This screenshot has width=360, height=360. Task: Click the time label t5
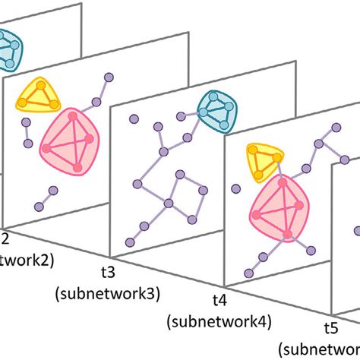(x=330, y=328)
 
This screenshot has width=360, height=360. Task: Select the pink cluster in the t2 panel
(x=71, y=137)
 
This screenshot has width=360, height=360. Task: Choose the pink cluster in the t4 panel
(x=281, y=206)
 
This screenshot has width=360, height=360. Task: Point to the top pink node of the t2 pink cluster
(x=73, y=114)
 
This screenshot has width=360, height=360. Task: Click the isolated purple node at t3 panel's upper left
(x=133, y=118)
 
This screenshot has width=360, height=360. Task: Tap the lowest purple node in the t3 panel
(x=130, y=242)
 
